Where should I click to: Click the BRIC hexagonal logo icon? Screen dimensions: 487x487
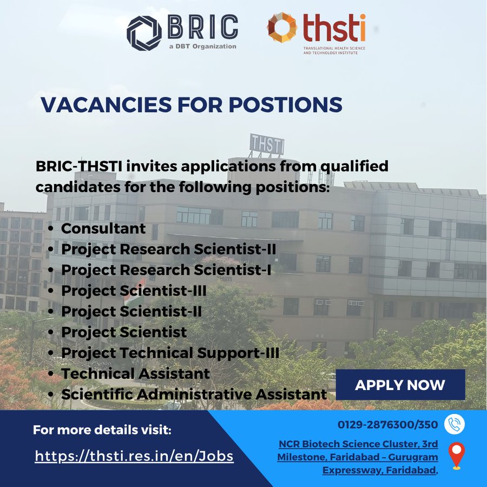[x=144, y=33]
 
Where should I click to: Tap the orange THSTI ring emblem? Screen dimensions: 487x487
[x=282, y=28]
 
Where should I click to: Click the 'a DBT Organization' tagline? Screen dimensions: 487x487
[x=203, y=47]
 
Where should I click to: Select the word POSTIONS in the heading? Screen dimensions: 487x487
[x=285, y=104]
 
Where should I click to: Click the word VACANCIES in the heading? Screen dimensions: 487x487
[x=106, y=104]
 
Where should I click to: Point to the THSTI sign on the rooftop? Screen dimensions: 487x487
[x=267, y=144]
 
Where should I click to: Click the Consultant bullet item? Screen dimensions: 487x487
[x=103, y=228]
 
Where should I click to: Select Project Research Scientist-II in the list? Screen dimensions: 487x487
[x=168, y=249]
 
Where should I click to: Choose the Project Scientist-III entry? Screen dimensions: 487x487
[x=134, y=291]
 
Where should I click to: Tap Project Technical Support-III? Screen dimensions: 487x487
[x=170, y=353]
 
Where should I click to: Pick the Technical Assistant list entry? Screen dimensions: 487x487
[x=135, y=373]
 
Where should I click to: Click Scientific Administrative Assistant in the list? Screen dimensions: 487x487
[x=194, y=394]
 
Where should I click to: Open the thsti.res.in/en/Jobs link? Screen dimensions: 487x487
[x=134, y=456]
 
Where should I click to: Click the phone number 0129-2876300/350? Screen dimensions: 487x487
[x=387, y=424]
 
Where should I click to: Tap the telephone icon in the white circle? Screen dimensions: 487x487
[x=455, y=424]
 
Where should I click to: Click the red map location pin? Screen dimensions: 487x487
[x=457, y=455]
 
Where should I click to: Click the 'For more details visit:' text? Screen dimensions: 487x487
[x=102, y=430]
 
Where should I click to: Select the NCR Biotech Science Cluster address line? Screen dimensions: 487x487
[x=358, y=444]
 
